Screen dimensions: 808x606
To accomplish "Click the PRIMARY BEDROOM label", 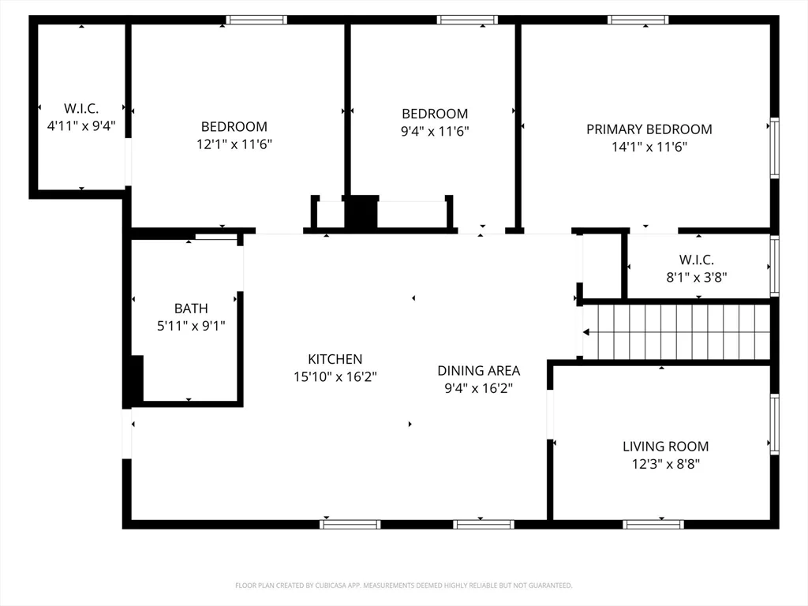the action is (649, 129).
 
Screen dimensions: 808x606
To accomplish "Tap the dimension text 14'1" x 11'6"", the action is (649, 147).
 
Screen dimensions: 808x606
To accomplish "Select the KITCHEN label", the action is (335, 359).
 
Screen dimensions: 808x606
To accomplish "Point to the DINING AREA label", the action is (479, 371).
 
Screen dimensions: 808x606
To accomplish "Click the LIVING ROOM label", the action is (666, 447).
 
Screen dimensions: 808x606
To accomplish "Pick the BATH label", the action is (191, 309).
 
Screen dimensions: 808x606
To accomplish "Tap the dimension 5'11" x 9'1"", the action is (191, 326).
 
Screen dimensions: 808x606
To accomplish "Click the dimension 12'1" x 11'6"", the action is (234, 144).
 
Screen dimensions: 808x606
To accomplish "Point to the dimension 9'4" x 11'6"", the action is (435, 132).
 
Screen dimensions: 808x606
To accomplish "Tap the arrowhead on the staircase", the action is (586, 332).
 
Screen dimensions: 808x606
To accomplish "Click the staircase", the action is (676, 332).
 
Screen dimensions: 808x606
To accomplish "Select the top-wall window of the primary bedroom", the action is (638, 20).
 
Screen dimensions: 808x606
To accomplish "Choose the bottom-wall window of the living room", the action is (653, 525).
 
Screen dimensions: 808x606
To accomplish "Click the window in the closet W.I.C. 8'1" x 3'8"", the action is (775, 266).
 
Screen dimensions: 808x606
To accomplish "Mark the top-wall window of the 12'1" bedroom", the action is (256, 20).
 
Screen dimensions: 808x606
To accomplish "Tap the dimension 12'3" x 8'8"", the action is (666, 464).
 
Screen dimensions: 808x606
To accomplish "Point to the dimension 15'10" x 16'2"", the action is (335, 376).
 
